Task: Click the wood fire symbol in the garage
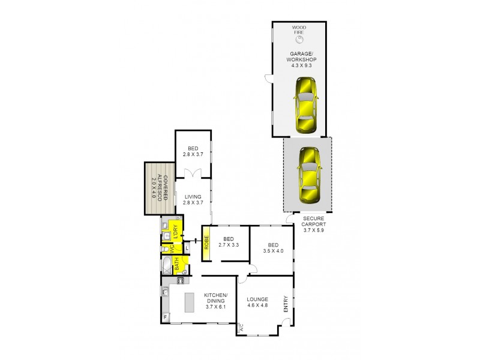coord(299,40)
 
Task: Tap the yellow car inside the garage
coord(306,106)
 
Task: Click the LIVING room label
coord(193,200)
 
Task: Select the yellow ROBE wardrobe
coord(206,244)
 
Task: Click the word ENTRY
coord(286,304)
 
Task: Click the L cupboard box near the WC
coord(187,247)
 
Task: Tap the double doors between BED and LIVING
coord(193,173)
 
